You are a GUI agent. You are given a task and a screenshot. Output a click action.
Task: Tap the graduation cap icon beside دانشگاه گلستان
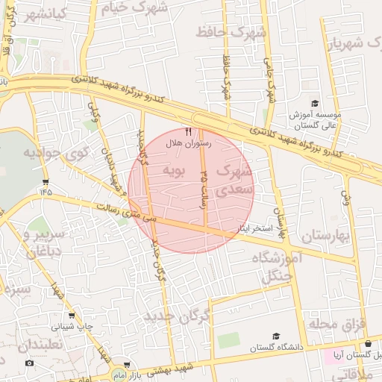pyautogui.click(x=277, y=336)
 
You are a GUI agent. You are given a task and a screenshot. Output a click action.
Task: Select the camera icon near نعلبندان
pyautogui.click(x=29, y=363)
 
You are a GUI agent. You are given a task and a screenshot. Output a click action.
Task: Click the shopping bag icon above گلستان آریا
pyautogui.click(x=367, y=343)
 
